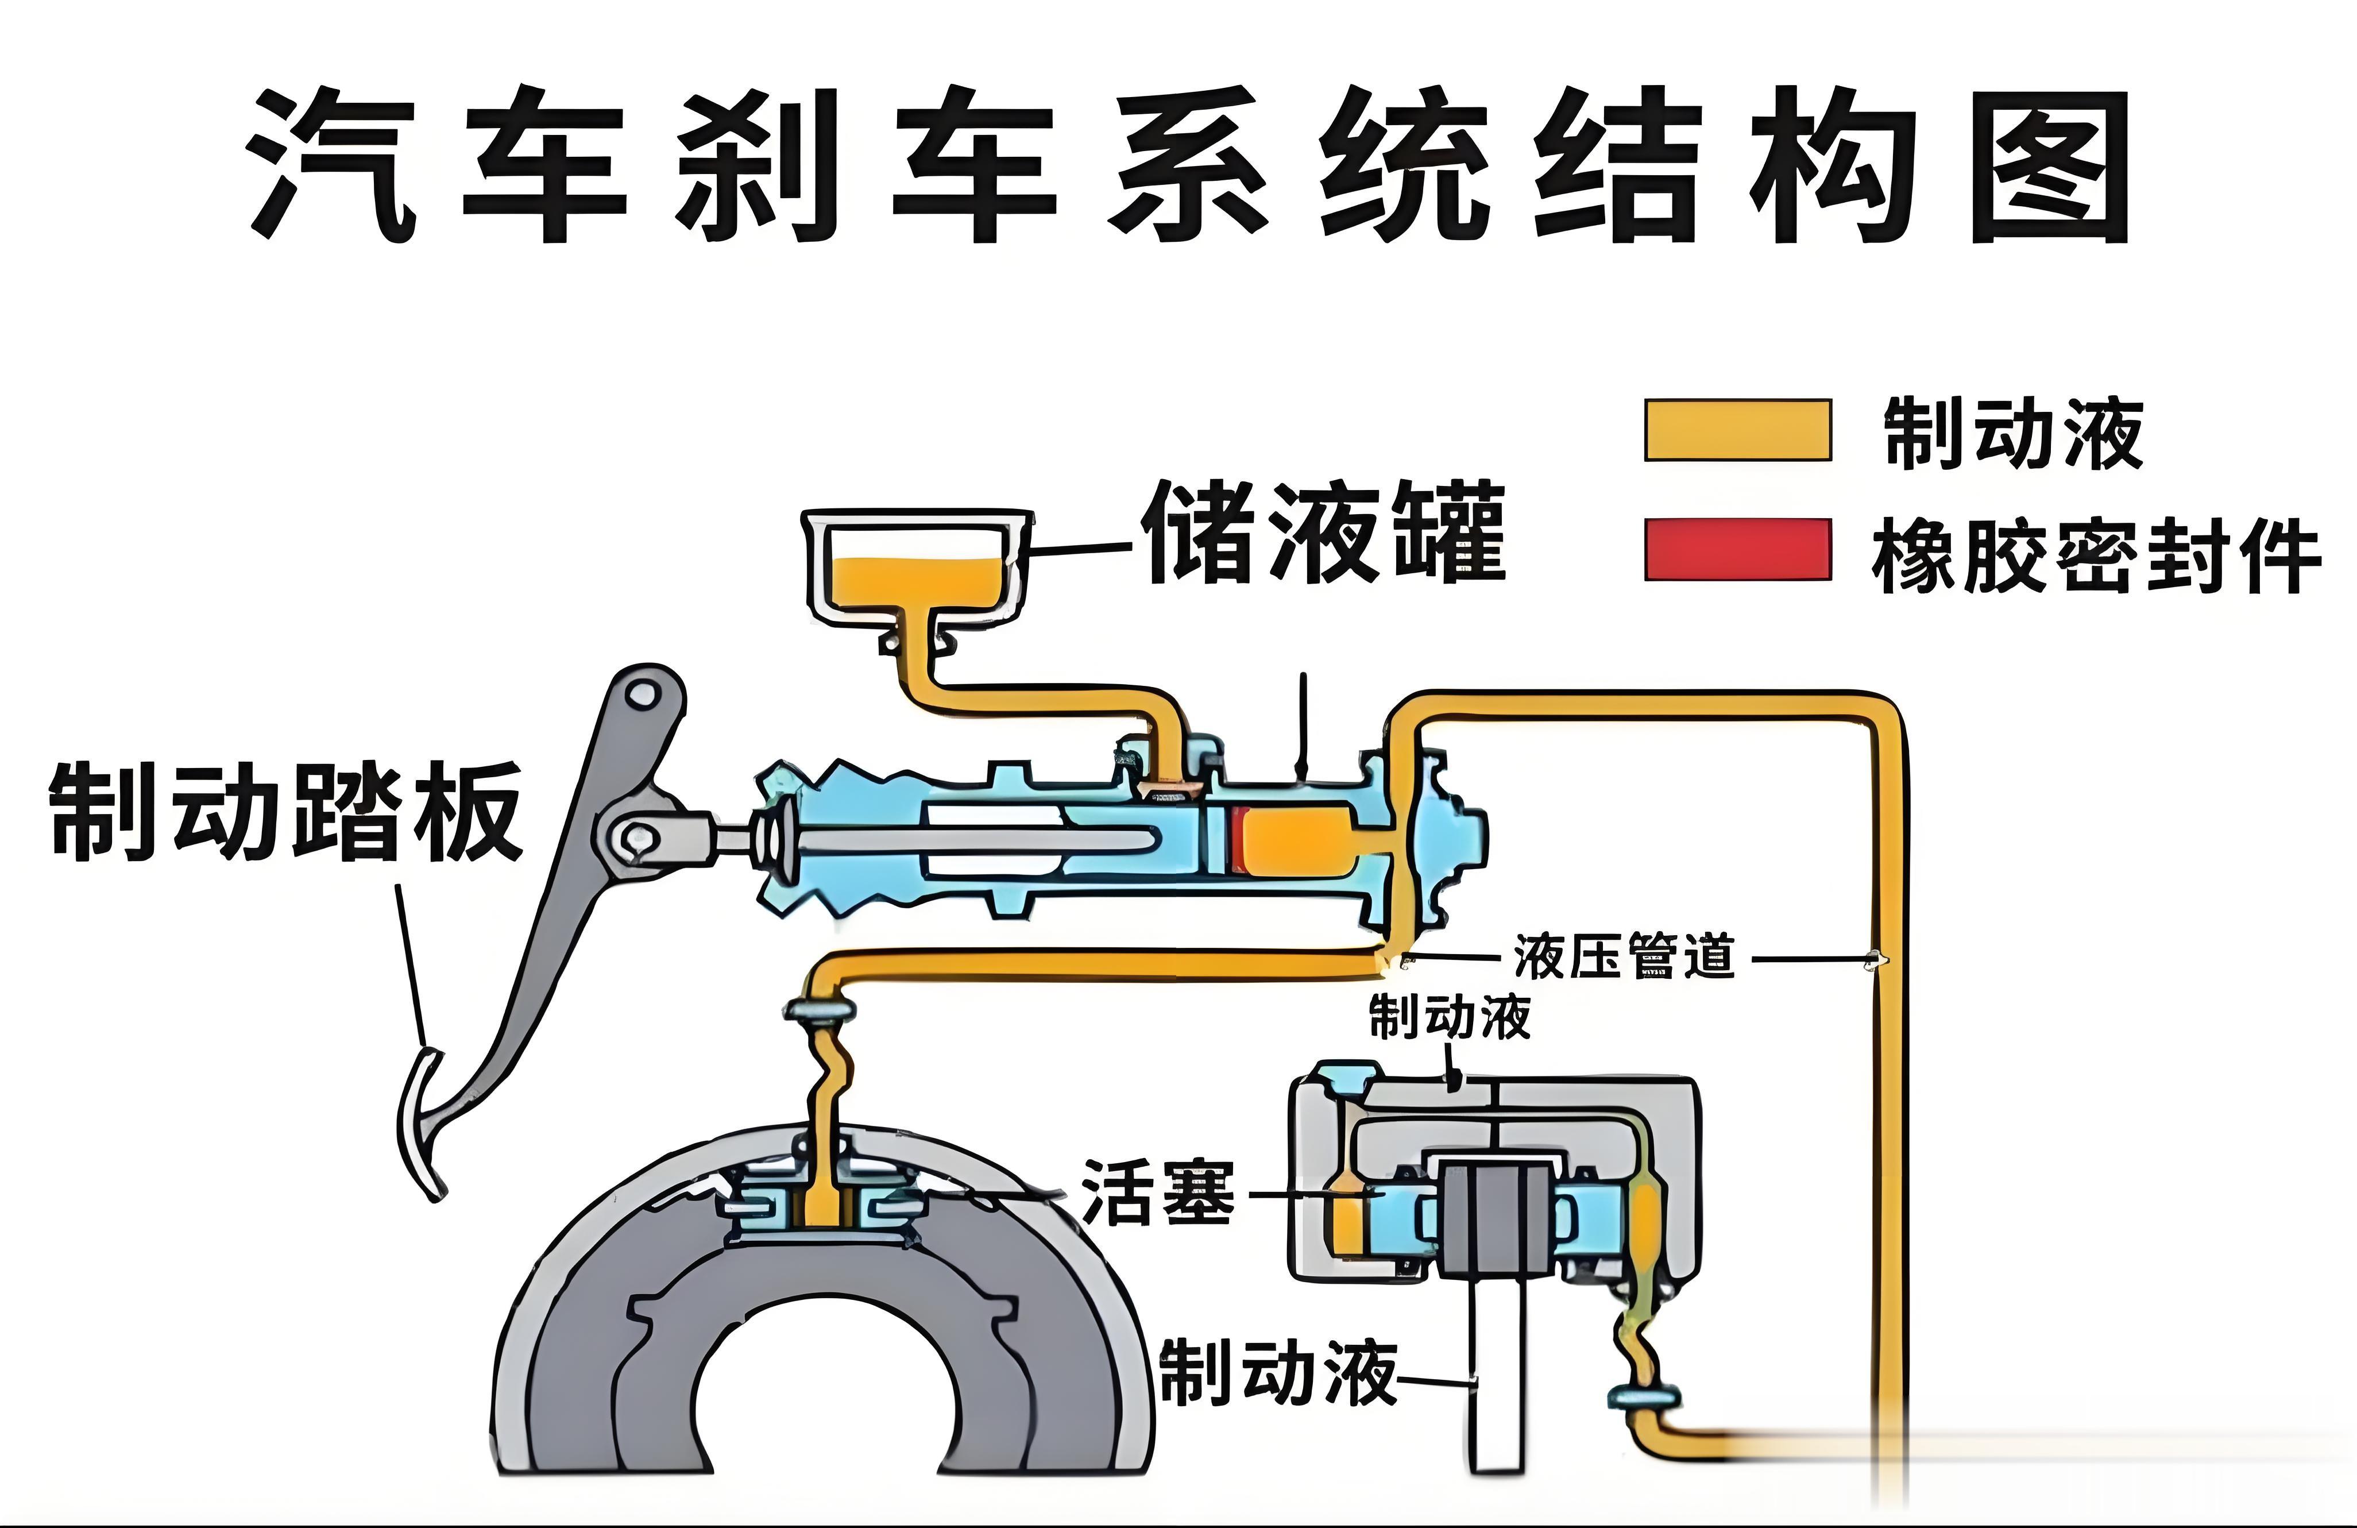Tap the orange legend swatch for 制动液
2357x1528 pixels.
pyautogui.click(x=1738, y=430)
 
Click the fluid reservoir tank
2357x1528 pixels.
pyautogui.click(x=917, y=572)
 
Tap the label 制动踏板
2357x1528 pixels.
pyautogui.click(x=285, y=810)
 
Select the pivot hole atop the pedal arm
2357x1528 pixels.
pyautogui.click(x=645, y=693)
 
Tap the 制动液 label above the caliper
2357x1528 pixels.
pyautogui.click(x=1450, y=1017)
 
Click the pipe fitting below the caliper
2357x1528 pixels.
pyautogui.click(x=1643, y=1397)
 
